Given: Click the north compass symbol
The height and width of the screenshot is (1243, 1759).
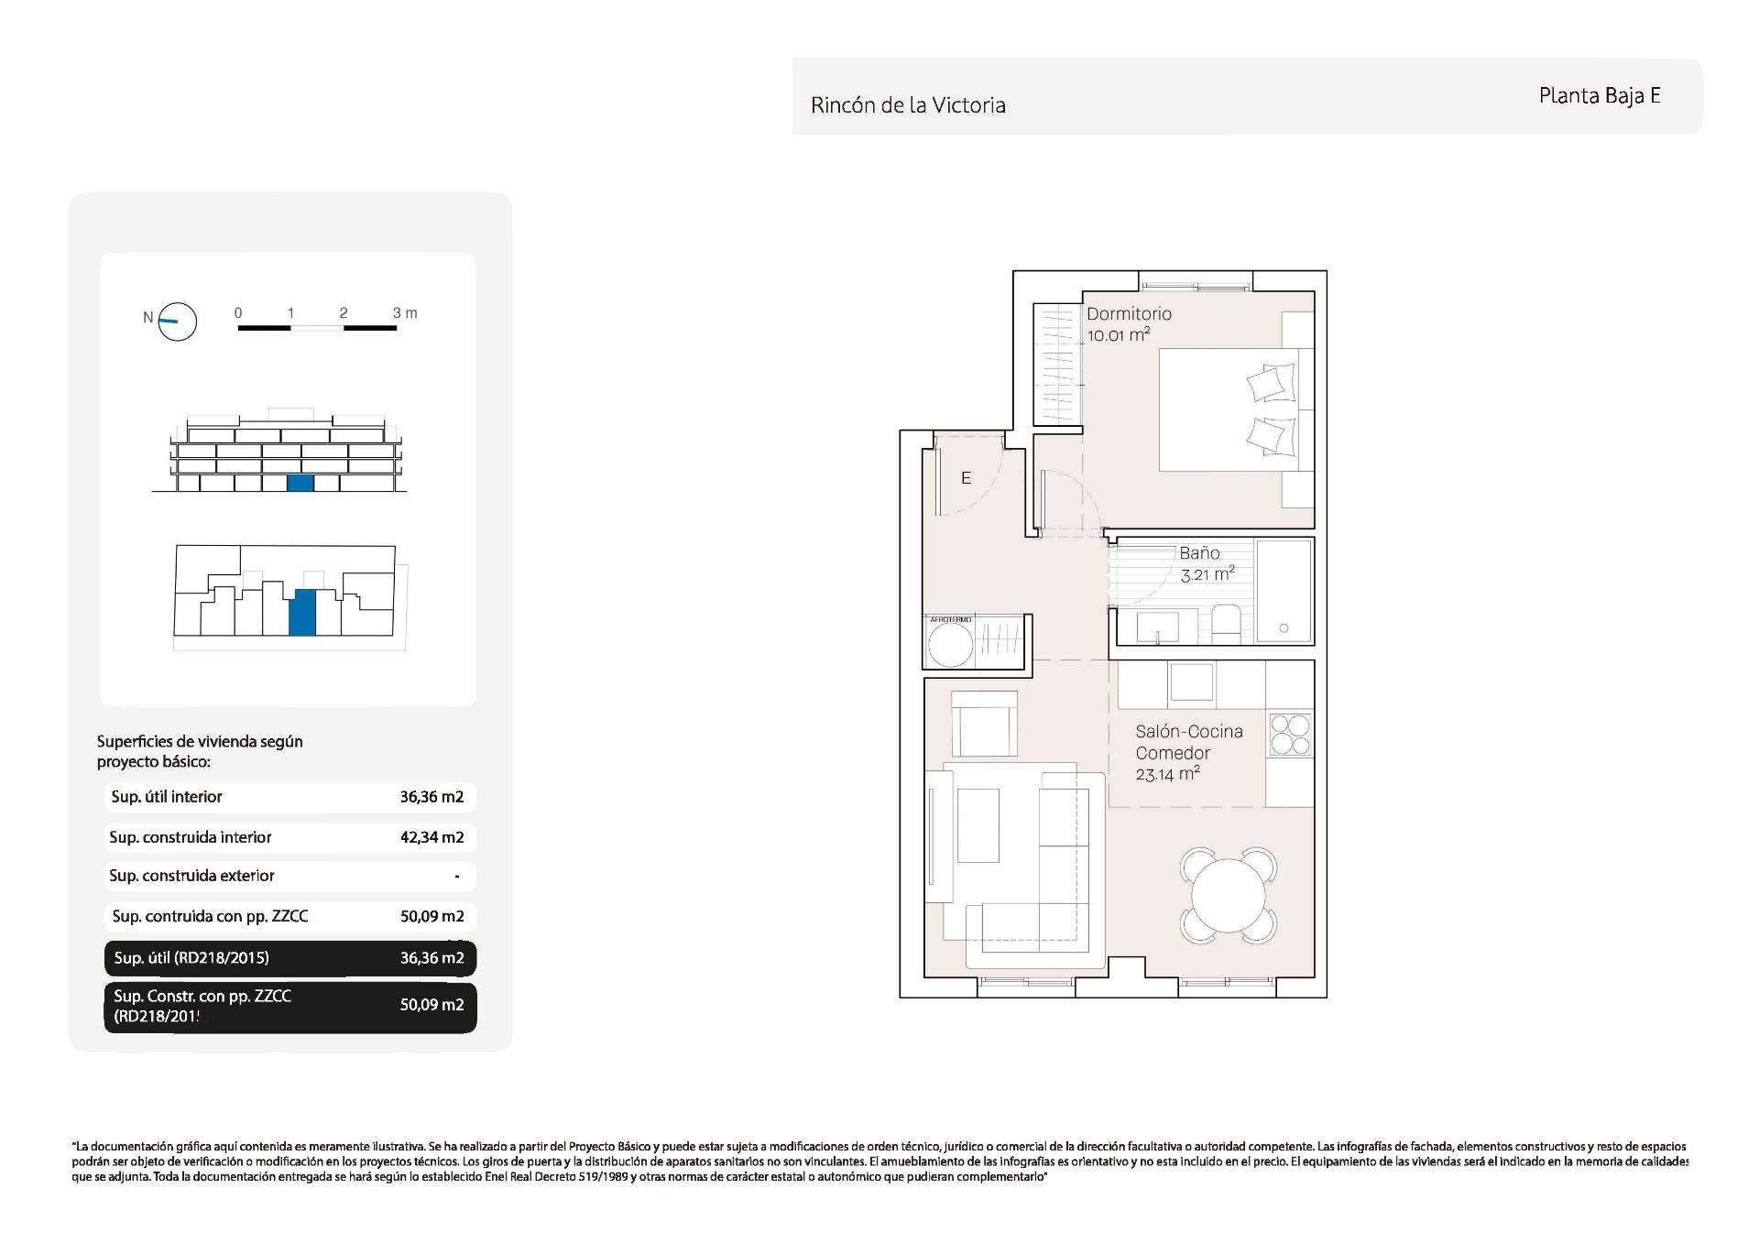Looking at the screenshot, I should click(177, 322).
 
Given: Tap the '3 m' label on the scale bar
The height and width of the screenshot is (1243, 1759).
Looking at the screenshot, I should click(405, 313).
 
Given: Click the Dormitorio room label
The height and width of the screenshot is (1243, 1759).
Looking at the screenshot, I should click(1129, 313).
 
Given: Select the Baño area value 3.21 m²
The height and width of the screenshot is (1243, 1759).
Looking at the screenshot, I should click(1207, 575).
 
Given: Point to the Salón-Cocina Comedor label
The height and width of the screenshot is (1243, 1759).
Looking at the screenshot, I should click(1188, 742).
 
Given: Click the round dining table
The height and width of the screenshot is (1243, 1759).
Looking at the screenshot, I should click(1228, 895).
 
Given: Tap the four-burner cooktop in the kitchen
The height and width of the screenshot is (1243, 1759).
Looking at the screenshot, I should click(1290, 734).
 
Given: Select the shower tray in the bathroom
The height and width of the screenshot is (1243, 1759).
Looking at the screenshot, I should click(1284, 590).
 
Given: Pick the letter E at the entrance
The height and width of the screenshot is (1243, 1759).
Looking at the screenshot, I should click(966, 478).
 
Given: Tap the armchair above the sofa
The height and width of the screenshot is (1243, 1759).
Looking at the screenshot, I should click(984, 723).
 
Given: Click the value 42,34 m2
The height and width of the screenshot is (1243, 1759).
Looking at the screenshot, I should click(432, 837).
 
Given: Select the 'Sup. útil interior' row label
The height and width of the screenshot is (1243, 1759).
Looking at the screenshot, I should click(167, 797).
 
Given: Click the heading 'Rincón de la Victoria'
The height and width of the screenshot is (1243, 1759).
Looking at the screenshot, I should click(908, 105).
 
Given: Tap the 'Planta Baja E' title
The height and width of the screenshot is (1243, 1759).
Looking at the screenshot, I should click(1599, 96).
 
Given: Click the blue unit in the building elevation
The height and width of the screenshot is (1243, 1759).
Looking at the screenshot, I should click(300, 483).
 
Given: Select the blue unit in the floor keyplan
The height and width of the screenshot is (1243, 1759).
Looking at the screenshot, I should click(302, 612).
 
